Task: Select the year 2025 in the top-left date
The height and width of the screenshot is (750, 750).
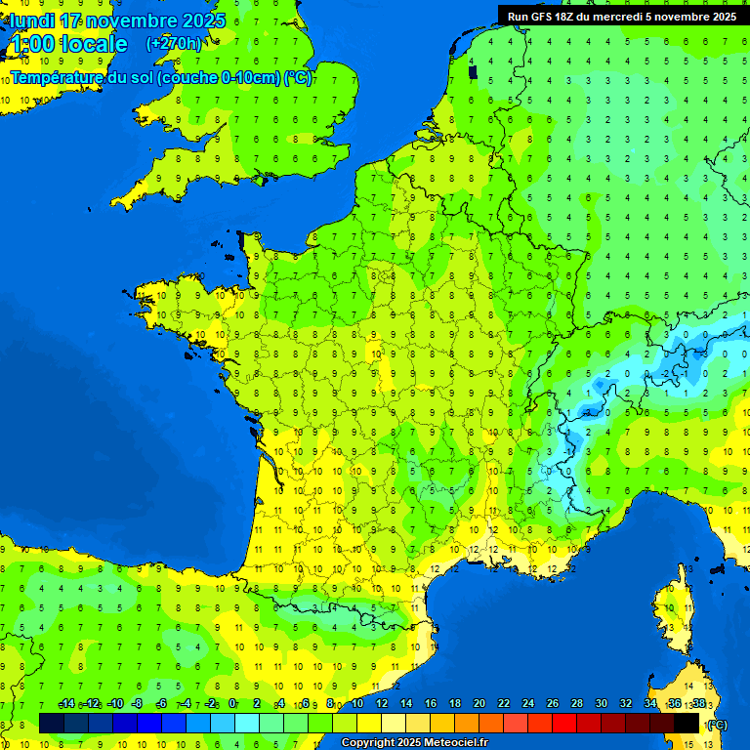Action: pyautogui.click(x=201, y=21)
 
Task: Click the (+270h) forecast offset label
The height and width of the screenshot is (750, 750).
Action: pyautogui.click(x=174, y=44)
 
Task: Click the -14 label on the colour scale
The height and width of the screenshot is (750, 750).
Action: pyautogui.click(x=66, y=704)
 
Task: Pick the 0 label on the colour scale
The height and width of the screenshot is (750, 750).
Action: pyautogui.click(x=232, y=704)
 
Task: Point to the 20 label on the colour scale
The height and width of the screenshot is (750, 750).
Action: pyautogui.click(x=479, y=704)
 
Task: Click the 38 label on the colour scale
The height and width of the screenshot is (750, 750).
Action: pyautogui.click(x=698, y=704)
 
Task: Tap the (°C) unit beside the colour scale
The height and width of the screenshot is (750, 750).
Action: pyautogui.click(x=717, y=725)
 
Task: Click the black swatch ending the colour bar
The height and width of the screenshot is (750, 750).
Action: pyautogui.click(x=687, y=723)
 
